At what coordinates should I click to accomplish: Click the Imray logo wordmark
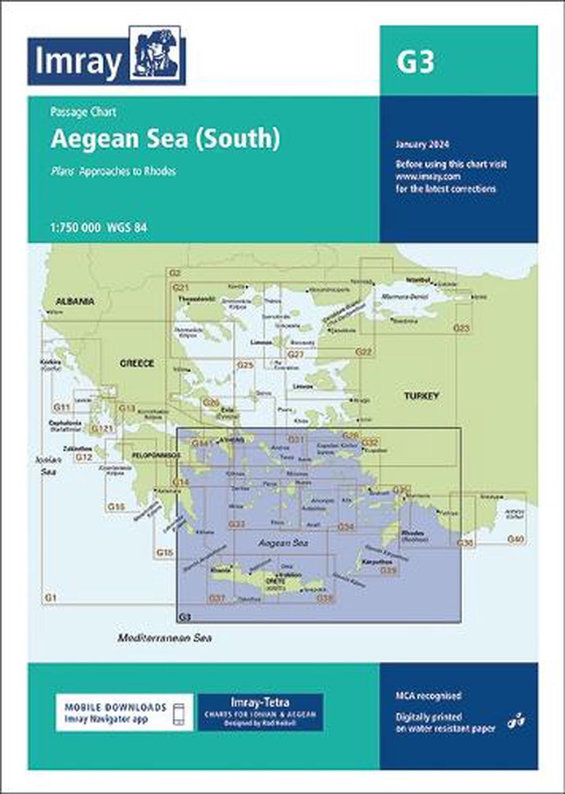pyautogui.click(x=78, y=61)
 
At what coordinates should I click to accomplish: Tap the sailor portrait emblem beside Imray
pyautogui.click(x=156, y=55)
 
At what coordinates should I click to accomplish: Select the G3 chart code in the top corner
pyautogui.click(x=415, y=62)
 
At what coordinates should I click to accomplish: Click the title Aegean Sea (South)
pyautogui.click(x=165, y=139)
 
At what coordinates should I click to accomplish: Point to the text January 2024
pyautogui.click(x=422, y=145)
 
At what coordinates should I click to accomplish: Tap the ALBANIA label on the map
pyautogui.click(x=74, y=301)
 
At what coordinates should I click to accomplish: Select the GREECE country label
pyautogui.click(x=137, y=363)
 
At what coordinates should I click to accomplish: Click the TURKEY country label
pyautogui.click(x=421, y=396)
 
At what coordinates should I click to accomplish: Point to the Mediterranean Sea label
pyautogui.click(x=164, y=638)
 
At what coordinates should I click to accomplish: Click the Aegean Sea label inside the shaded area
pyautogui.click(x=282, y=543)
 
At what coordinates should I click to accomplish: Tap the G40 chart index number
pyautogui.click(x=516, y=540)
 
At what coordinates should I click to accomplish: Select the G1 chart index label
pyautogui.click(x=50, y=597)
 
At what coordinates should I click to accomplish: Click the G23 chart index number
pyautogui.click(x=462, y=328)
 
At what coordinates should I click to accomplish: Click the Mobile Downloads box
pyautogui.click(x=124, y=713)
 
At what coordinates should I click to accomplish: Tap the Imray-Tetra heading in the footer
pyautogui.click(x=260, y=702)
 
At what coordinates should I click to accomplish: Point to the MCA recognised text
pyautogui.click(x=428, y=696)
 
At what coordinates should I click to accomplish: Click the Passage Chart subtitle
pyautogui.click(x=83, y=112)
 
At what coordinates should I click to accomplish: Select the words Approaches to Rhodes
pyautogui.click(x=128, y=171)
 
